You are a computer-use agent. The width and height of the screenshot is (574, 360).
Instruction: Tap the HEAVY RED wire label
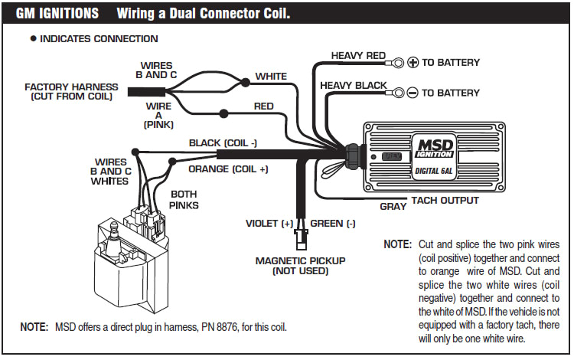pos(358,55)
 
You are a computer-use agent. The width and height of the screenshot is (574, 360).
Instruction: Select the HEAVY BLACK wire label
pos(353,84)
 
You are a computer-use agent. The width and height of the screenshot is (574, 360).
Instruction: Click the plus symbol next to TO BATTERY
pos(413,62)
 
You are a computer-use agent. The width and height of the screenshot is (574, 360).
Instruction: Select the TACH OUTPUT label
pos(445,201)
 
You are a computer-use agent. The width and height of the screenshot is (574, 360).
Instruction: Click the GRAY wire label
pos(393,207)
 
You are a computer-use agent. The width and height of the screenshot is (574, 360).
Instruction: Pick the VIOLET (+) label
pos(269,224)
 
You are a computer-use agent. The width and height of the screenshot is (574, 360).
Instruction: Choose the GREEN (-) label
pos(333,224)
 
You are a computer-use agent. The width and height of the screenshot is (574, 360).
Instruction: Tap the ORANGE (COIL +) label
pos(229,169)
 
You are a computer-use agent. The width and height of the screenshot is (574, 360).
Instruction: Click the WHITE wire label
pos(271,76)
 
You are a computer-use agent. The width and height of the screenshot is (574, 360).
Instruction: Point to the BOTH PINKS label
pos(184,199)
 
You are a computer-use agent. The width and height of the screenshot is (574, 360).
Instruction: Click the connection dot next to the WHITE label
pos(245,81)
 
